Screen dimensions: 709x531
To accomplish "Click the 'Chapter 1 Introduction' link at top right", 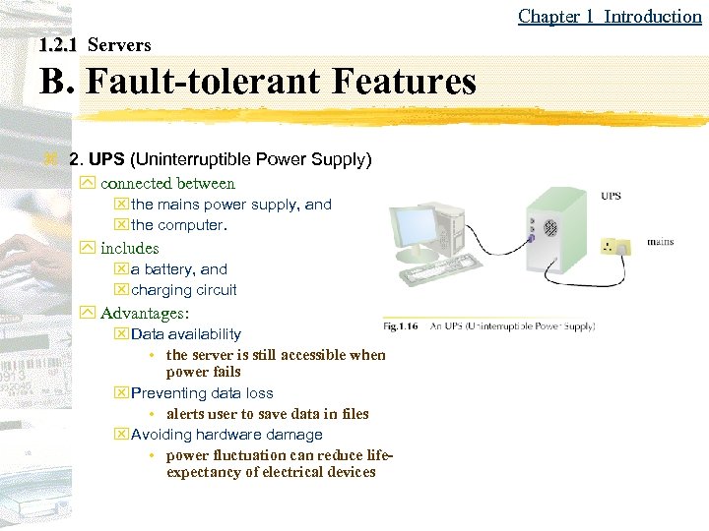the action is [610, 16].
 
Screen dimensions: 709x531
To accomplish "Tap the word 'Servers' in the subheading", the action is [119, 45].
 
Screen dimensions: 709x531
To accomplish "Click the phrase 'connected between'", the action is [167, 183].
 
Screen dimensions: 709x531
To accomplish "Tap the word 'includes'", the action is [129, 248].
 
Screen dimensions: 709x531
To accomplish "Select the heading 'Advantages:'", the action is [145, 314].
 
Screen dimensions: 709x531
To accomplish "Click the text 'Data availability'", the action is [185, 334].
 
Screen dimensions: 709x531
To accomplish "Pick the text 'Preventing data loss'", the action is [202, 393].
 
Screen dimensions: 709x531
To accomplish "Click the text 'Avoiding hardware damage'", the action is [226, 435].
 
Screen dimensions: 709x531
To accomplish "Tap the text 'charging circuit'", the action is [184, 290].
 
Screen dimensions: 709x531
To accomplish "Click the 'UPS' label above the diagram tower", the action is [611, 196].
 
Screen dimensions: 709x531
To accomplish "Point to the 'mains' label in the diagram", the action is [660, 242].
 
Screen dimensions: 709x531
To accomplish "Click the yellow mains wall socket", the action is [616, 245].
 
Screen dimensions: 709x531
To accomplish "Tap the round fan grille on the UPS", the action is [549, 228].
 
